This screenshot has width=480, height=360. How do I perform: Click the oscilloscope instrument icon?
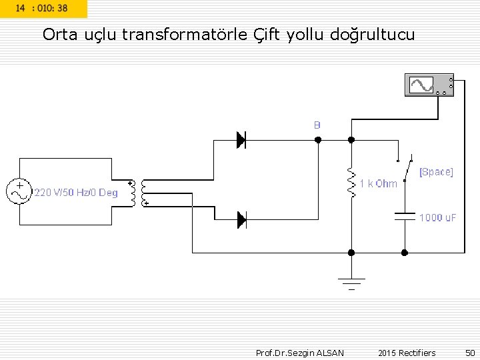click(x=429, y=85)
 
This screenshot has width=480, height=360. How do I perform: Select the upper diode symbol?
click(x=241, y=140)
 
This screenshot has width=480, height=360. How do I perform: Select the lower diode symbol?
click(x=241, y=219)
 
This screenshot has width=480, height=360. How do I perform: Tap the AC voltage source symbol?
click(x=19, y=191)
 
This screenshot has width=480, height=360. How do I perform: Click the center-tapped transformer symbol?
click(x=139, y=193)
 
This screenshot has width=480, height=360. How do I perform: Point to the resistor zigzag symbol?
click(x=351, y=183)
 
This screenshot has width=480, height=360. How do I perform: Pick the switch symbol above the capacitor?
click(x=405, y=166)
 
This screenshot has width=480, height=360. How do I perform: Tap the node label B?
click(x=317, y=125)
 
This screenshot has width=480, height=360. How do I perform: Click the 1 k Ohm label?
click(x=378, y=183)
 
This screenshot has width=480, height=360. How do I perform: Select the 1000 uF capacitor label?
click(x=437, y=218)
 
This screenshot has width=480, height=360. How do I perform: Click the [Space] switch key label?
click(x=436, y=172)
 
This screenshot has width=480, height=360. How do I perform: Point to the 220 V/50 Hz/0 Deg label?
click(x=76, y=193)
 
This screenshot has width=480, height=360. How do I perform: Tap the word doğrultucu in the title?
click(x=372, y=35)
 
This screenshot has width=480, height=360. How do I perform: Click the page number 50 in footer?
click(x=470, y=353)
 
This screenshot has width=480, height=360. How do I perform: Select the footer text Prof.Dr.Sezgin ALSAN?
click(x=300, y=353)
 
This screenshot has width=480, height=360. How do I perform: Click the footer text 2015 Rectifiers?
click(x=407, y=353)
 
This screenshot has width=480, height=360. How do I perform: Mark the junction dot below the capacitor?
click(x=405, y=253)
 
